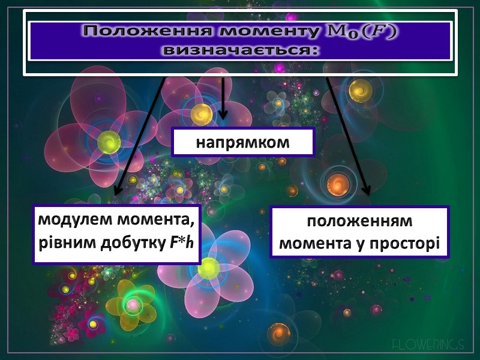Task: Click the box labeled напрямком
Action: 244,143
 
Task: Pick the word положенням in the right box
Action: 360,221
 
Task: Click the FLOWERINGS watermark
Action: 428,344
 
